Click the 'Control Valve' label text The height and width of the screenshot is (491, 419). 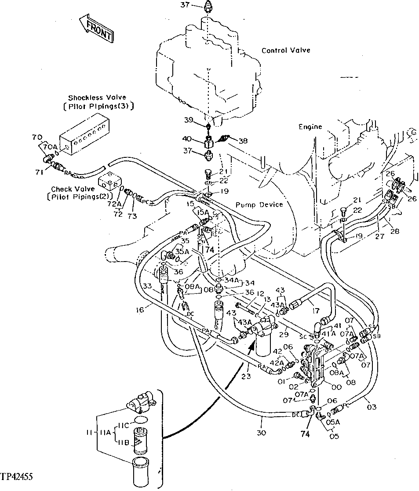click(x=286, y=51)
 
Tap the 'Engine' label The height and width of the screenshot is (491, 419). click(x=310, y=127)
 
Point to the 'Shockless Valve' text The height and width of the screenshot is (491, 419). click(x=97, y=98)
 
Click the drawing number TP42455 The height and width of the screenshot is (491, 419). click(x=18, y=476)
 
